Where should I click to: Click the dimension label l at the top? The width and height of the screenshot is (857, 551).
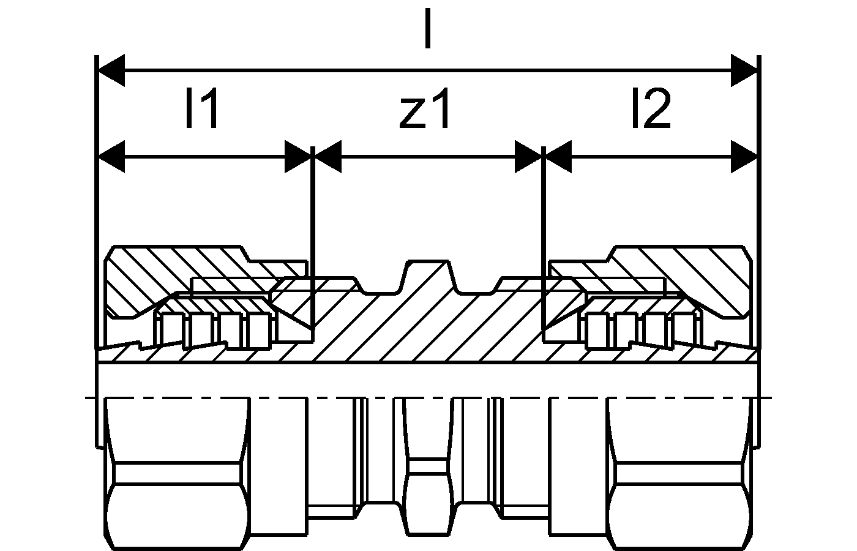tap(428, 29)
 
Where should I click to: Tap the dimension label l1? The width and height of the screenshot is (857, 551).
tap(202, 108)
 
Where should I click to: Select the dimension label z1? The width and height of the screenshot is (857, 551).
tap(424, 108)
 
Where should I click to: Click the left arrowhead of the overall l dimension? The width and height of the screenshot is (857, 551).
tap(111, 70)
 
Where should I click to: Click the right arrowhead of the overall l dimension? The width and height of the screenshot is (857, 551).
tap(744, 70)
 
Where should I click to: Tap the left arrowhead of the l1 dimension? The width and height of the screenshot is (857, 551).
tap(111, 157)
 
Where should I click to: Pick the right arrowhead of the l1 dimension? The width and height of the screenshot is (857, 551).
tap(298, 157)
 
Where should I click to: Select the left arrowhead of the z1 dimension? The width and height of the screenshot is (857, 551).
tap(328, 157)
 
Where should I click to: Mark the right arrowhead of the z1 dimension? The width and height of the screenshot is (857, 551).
tap(528, 157)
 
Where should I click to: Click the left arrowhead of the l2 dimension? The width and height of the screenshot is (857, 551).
tap(558, 157)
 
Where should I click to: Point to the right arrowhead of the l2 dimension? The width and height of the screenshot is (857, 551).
tap(744, 157)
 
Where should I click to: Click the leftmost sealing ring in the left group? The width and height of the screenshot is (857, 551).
tap(173, 331)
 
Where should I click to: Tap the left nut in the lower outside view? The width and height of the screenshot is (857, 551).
tap(178, 474)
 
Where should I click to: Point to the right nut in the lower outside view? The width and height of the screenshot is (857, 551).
tap(679, 474)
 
